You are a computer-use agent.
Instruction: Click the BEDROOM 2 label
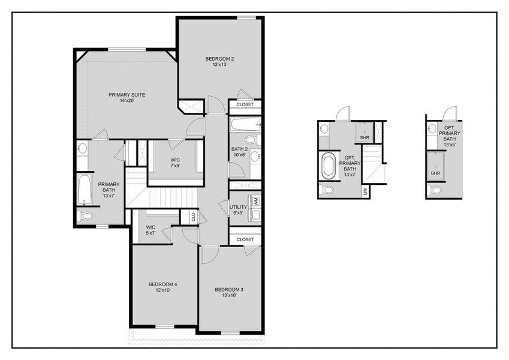(219, 59)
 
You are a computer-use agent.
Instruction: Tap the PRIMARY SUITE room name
(127, 95)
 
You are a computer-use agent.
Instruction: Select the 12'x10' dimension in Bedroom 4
(163, 290)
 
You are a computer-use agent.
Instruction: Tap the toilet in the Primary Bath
(85, 216)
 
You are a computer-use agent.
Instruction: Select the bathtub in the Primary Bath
(83, 190)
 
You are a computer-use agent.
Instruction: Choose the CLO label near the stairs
(193, 217)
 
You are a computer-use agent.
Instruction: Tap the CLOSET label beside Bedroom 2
(245, 104)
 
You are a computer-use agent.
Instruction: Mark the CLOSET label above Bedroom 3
(245, 239)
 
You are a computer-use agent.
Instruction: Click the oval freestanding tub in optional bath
(329, 166)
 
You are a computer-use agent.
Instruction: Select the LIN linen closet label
(365, 191)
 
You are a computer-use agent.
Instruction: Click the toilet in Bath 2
(252, 140)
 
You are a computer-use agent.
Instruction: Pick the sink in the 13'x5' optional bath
(433, 128)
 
